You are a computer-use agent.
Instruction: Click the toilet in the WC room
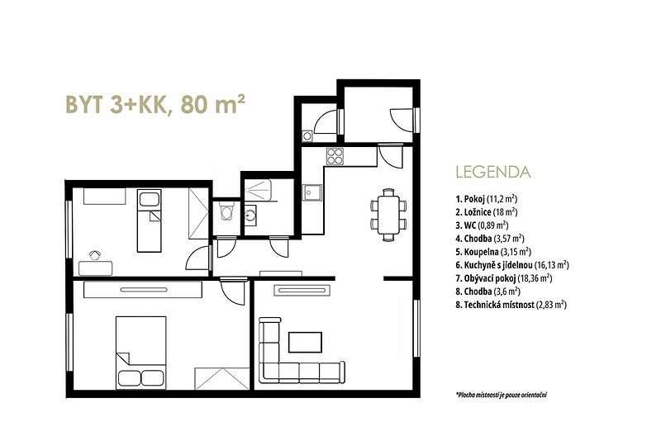coord(226,212)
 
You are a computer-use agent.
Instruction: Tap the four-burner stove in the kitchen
coord(335,156)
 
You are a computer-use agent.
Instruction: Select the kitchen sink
coord(311,192)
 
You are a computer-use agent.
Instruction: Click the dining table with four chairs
coord(388,215)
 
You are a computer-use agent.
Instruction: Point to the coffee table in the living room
coord(305,342)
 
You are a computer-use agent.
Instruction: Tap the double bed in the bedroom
coord(140,352)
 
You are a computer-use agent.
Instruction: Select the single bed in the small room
coord(150,221)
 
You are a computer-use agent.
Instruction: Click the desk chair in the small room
coord(95,255)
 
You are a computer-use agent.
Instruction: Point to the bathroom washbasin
coord(250,214)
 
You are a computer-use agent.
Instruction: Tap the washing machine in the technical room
coord(307,136)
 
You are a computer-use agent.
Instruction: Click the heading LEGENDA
coord(492,173)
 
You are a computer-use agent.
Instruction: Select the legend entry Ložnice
coord(487,212)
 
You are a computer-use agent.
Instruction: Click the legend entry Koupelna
coord(493,252)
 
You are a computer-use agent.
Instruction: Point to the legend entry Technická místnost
coord(511,305)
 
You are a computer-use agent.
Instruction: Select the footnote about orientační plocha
coord(502,395)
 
